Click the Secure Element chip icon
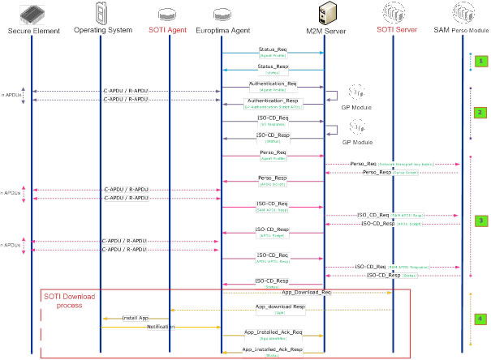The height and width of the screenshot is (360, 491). tap(32, 14)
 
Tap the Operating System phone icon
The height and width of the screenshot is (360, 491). tap(102, 14)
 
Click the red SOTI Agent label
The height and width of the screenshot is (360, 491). tap(168, 30)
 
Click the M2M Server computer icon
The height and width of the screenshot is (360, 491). tap(324, 14)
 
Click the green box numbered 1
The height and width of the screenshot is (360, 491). tap(480, 61)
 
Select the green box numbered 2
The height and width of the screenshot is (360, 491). tap(480, 113)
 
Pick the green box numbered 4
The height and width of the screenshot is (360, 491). tap(480, 319)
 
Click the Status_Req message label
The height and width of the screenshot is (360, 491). tap(272, 49)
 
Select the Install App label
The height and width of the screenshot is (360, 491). tap(135, 317)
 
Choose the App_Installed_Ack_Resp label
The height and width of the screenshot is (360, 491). tap(273, 349)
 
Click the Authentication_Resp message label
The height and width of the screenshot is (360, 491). tap(272, 101)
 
